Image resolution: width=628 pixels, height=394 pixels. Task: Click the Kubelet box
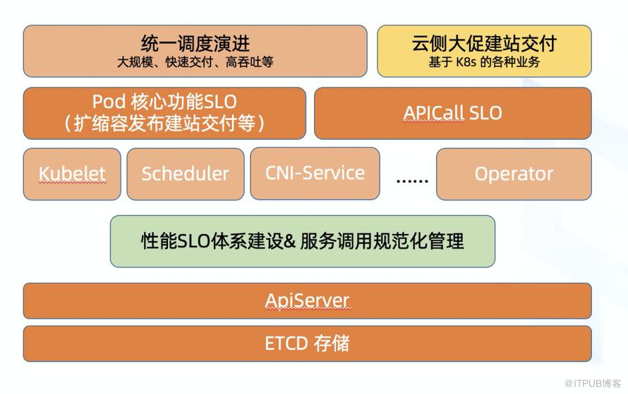coord(72,174)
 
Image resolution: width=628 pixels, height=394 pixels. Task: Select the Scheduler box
coord(186,174)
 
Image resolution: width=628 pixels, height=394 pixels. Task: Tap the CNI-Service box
coord(315,173)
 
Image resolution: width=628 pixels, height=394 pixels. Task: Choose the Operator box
coord(514,174)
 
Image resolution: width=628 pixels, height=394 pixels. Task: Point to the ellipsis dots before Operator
coord(412,181)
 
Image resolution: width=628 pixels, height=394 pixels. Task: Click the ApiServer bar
coord(307,301)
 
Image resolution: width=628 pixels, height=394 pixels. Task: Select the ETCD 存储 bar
coord(307,343)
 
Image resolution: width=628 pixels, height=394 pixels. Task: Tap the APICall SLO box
coord(453,113)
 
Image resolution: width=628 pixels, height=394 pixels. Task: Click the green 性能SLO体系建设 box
coord(303,241)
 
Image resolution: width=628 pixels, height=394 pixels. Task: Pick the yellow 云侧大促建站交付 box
coord(484,51)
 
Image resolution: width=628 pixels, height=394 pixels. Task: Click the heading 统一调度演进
coord(195,44)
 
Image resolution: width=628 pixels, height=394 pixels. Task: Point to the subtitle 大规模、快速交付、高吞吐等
coord(195,62)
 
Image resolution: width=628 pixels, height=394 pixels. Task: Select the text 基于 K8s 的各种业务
coord(484,62)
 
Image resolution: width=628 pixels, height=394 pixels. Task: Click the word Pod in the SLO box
coord(109,102)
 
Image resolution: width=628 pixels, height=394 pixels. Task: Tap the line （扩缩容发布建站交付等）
coord(164,123)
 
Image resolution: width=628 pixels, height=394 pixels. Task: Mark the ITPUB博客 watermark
coord(593,383)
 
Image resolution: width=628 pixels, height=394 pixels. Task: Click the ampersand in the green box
coord(291,241)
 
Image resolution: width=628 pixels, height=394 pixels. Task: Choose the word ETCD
coord(286,344)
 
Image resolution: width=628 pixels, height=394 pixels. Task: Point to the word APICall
coord(434,113)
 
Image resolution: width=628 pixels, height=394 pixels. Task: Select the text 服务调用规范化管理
coord(382,241)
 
